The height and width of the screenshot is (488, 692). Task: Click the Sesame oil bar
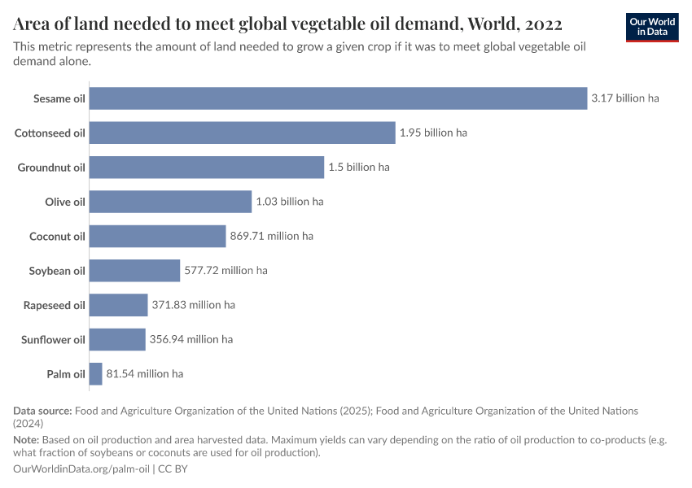coord(338,98)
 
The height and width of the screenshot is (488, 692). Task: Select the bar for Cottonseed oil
coord(242,133)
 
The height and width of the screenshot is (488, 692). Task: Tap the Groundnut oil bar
coord(207,168)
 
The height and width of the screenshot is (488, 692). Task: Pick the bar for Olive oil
coord(170,202)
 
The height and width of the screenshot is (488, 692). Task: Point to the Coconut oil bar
coord(157,236)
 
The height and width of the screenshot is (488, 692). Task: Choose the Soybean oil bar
coord(134,271)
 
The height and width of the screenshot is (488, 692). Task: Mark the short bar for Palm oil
coord(95,374)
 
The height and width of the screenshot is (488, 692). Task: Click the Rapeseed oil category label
coord(55,305)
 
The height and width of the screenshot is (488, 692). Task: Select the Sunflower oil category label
coord(53,340)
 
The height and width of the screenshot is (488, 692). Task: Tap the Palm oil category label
coord(66,374)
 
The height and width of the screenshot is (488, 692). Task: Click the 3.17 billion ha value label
coord(624,98)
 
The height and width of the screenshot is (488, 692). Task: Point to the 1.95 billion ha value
coord(433,133)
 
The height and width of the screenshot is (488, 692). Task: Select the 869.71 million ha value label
coord(271,236)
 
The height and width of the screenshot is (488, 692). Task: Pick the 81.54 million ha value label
coord(145,374)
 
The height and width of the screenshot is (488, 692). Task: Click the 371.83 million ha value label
coord(193,305)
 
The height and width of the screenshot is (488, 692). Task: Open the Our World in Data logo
coord(651,27)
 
